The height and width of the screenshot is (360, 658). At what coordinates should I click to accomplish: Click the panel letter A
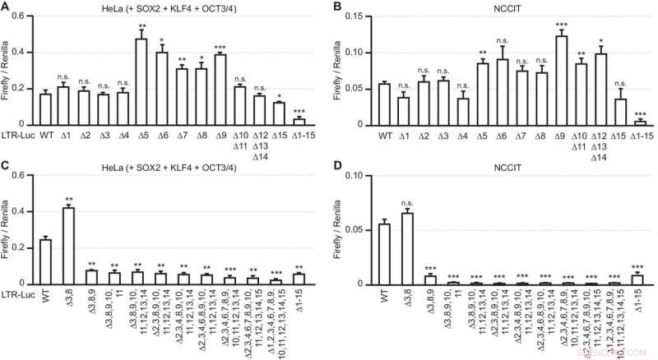7,7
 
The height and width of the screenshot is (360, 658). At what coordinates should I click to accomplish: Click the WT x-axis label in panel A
46,134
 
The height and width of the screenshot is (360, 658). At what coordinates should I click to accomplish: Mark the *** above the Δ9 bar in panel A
220,47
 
